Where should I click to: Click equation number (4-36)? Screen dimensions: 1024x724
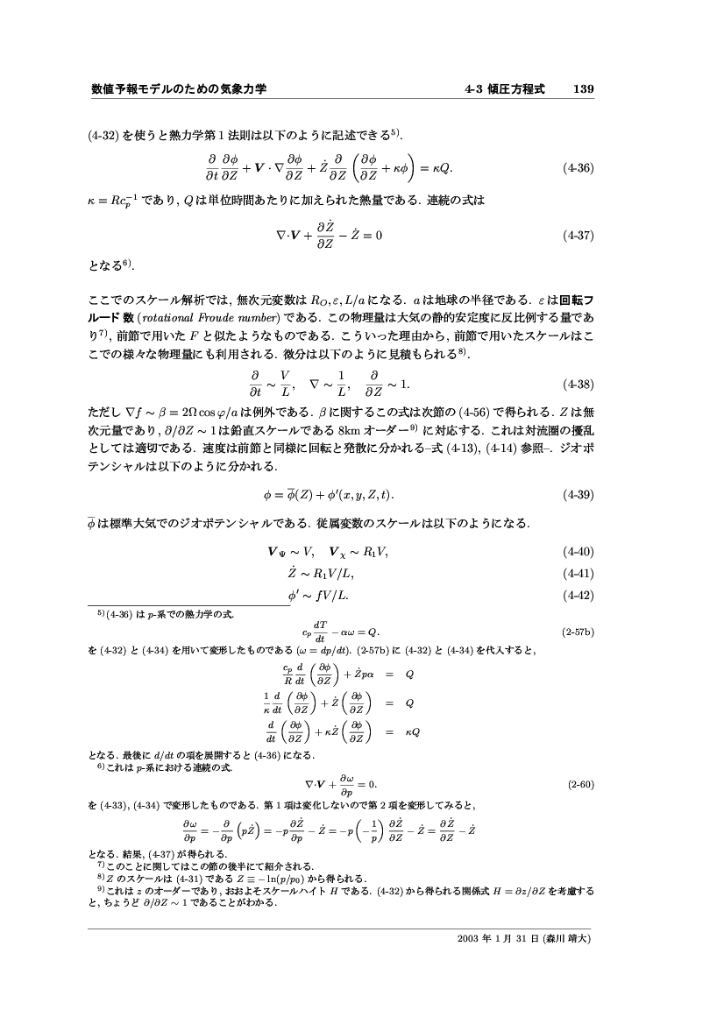578,166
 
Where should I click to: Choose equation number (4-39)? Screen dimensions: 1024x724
578,495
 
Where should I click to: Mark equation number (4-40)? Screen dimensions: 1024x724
578,552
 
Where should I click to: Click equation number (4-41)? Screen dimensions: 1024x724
578,574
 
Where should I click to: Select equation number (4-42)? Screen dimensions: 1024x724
578,597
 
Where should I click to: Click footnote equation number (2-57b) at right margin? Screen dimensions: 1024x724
578,631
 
